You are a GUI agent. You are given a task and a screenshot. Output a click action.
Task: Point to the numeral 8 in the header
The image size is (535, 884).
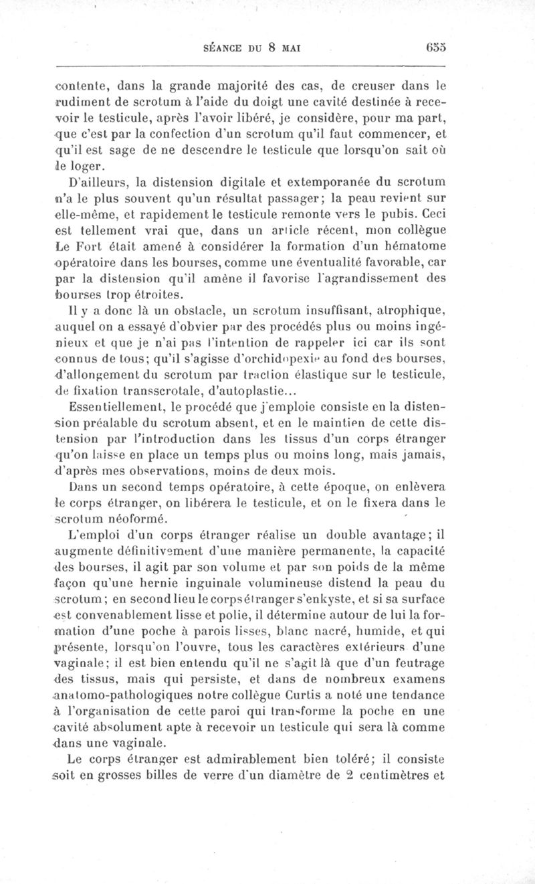pos(272,48)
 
